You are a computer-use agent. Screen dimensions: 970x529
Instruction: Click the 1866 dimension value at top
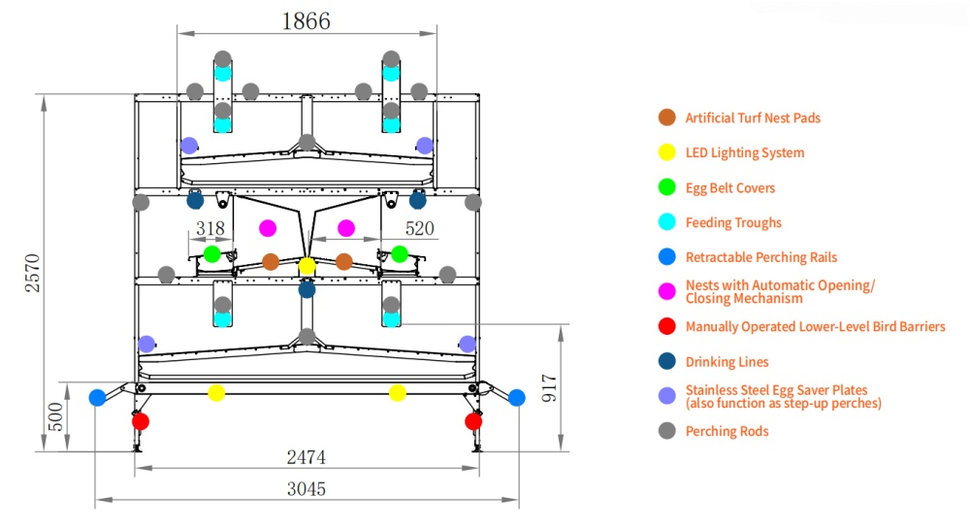pyautogui.click(x=307, y=21)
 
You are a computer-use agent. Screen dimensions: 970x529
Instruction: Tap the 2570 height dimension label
pyautogui.click(x=32, y=273)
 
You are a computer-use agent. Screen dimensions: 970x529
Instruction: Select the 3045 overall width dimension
pyautogui.click(x=307, y=489)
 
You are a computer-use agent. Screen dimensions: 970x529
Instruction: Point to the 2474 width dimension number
pyautogui.click(x=307, y=457)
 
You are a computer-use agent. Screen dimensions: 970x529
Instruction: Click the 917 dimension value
pyautogui.click(x=549, y=388)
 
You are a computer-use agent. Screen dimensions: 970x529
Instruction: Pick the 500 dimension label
pyautogui.click(x=55, y=416)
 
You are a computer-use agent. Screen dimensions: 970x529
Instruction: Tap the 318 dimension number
pyautogui.click(x=210, y=228)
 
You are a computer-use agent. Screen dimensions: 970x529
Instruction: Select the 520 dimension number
pyautogui.click(x=419, y=228)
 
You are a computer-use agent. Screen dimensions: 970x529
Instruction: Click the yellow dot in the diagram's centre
pyautogui.click(x=307, y=266)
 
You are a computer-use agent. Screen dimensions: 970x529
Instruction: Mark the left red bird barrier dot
pyautogui.click(x=141, y=421)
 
